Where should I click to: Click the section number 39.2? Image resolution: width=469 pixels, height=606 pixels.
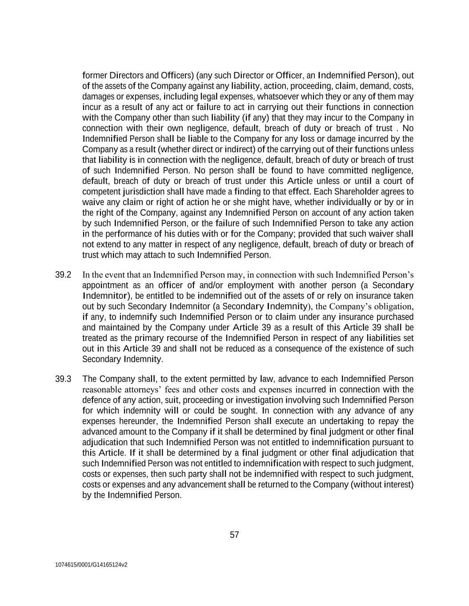[x=63, y=275]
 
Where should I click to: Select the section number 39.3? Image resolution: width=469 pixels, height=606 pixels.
[x=63, y=379]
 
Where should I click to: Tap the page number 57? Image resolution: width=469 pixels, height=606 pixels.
[x=234, y=535]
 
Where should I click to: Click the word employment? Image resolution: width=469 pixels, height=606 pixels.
[x=241, y=285]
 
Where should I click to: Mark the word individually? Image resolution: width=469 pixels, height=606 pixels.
[x=365, y=202]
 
